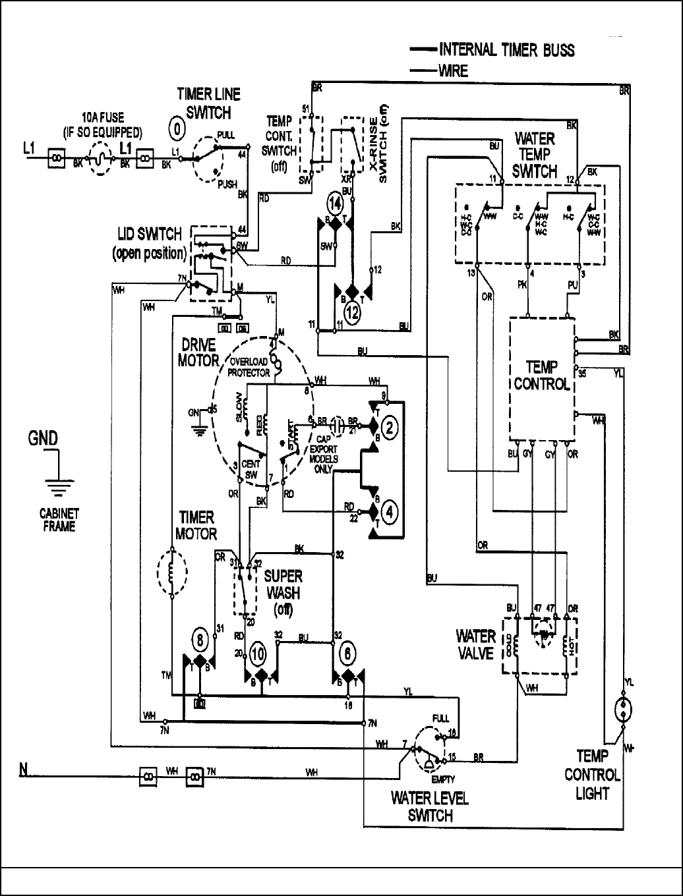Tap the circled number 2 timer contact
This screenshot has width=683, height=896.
click(x=390, y=429)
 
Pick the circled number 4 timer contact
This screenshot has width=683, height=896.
click(x=390, y=511)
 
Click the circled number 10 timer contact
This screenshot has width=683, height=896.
click(x=257, y=654)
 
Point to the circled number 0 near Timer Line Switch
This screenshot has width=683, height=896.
click(x=176, y=129)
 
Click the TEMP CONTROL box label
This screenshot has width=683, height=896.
click(x=541, y=376)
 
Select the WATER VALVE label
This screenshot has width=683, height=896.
click(x=475, y=644)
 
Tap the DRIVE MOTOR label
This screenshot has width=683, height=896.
click(x=198, y=352)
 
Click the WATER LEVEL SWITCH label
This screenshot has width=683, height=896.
click(x=430, y=806)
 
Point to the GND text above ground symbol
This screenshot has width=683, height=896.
click(x=43, y=438)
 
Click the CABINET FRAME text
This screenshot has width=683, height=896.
click(x=59, y=520)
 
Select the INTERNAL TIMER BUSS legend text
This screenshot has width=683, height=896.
click(x=506, y=49)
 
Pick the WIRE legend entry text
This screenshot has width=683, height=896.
click(x=454, y=70)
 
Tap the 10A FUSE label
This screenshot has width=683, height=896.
click(x=102, y=124)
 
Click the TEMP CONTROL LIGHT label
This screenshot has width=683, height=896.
click(x=592, y=775)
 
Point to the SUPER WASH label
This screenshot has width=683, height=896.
click(x=283, y=592)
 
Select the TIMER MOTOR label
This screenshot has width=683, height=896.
click(x=197, y=525)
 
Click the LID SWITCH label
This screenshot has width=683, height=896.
click(x=149, y=243)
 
